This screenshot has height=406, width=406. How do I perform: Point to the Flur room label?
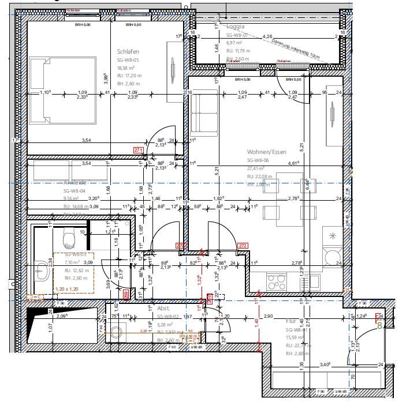(290, 321)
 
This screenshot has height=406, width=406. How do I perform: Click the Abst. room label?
(163, 309)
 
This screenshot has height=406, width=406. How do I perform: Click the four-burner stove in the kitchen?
(273, 281)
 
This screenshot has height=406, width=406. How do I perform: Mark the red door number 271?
(138, 151)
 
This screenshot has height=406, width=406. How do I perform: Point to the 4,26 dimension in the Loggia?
(267, 36)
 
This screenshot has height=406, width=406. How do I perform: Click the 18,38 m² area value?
(126, 67)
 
